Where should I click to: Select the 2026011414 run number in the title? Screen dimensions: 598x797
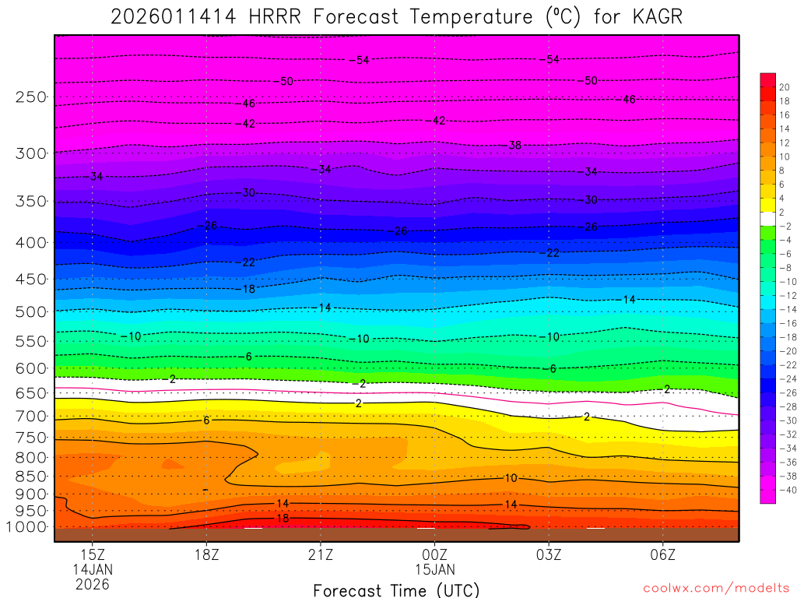click(173, 17)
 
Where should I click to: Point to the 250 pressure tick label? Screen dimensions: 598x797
click(32, 97)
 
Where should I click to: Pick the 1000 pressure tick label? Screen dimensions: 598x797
click(28, 527)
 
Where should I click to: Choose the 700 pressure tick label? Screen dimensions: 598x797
click(32, 417)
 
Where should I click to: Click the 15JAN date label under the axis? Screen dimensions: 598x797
click(434, 569)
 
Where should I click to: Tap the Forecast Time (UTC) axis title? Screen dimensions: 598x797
click(396, 589)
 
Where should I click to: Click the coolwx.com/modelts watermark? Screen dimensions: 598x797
click(715, 589)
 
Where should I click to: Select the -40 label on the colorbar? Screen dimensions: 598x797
click(781, 490)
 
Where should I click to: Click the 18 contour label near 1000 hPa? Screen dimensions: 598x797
click(283, 519)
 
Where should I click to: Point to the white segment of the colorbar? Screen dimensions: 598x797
click(767, 218)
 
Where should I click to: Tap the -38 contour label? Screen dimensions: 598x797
click(514, 146)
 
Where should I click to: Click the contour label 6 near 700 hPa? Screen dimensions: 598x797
click(206, 420)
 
